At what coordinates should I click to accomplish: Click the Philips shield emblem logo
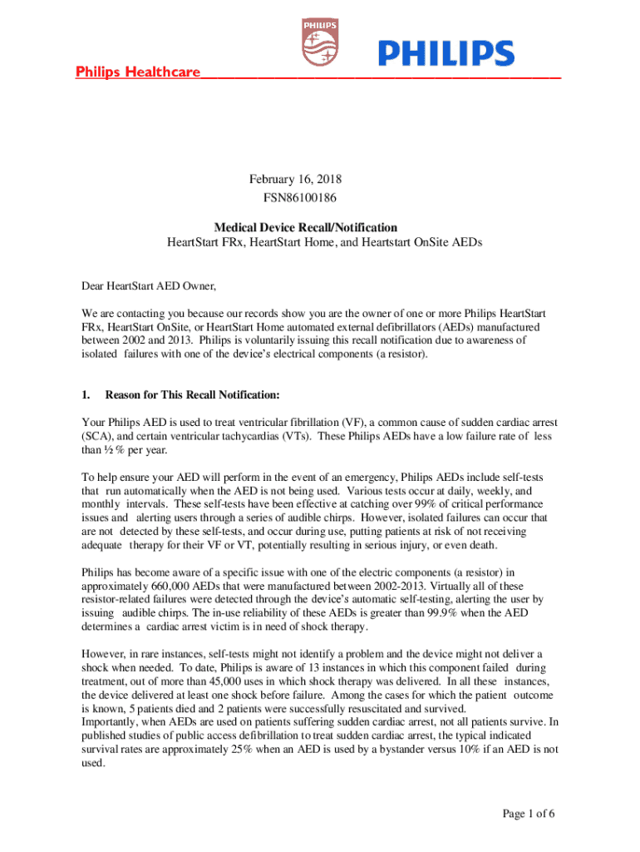point(319,42)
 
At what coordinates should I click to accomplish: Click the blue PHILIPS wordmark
point(446,54)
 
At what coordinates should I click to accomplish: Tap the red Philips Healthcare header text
point(138,72)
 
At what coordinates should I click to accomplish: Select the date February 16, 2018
point(296,179)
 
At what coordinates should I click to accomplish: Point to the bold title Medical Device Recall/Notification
point(306,227)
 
